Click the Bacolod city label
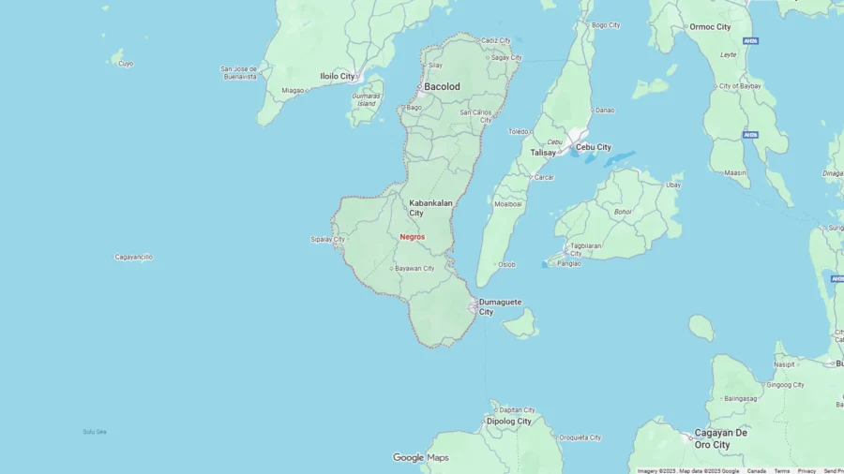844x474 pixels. coord(442,86)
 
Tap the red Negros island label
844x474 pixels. coord(412,237)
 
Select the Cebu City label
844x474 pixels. coord(593,147)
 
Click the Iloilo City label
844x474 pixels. coord(338,76)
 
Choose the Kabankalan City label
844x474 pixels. coord(430,207)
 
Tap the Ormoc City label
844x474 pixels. coord(710,27)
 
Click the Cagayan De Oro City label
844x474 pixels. coord(720,437)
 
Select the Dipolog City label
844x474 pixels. coord(508,422)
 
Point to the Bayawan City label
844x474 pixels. coord(414,269)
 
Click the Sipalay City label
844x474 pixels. coord(327,239)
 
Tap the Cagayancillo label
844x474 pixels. coord(133,257)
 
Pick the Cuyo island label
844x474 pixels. coord(126,64)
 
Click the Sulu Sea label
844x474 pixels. coord(94,432)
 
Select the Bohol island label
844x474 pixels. coord(623,211)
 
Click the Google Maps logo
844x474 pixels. coord(420,458)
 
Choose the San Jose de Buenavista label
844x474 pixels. coord(238,72)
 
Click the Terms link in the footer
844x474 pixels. coord(781,470)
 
